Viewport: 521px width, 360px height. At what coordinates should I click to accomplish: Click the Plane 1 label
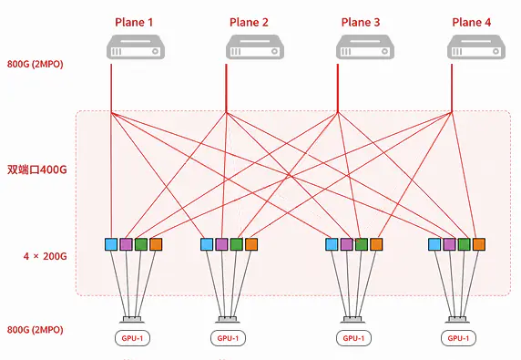click(134, 22)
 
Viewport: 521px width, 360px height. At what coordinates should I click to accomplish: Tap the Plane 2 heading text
click(249, 22)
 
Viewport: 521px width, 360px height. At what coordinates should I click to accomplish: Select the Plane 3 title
click(361, 22)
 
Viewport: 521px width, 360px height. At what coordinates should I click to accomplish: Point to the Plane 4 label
click(472, 22)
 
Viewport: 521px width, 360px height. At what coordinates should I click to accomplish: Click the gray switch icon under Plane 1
click(136, 46)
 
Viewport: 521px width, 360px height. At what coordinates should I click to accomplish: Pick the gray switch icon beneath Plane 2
click(255, 46)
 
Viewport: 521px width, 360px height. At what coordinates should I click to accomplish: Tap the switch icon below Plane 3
click(365, 46)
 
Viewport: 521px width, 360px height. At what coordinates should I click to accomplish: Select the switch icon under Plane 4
click(476, 46)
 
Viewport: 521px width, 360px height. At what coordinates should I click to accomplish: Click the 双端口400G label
click(36, 170)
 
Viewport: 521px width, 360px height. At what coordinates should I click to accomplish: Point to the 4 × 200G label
click(46, 256)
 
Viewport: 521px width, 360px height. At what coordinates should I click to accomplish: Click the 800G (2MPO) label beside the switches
click(35, 64)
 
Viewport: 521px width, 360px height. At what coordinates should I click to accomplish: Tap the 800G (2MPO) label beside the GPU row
click(35, 330)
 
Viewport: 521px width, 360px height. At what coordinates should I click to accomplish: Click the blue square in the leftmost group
click(111, 244)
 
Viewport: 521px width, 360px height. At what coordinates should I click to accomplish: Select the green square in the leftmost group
click(141, 244)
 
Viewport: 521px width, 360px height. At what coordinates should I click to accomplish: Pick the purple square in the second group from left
click(221, 244)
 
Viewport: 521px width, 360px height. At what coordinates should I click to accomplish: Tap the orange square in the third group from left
click(376, 244)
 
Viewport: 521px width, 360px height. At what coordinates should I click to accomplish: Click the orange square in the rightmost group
click(479, 244)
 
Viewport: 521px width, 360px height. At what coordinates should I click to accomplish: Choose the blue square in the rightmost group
click(434, 244)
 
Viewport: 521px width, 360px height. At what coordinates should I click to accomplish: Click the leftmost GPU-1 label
click(132, 338)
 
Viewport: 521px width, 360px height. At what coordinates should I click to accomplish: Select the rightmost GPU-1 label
click(458, 338)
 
